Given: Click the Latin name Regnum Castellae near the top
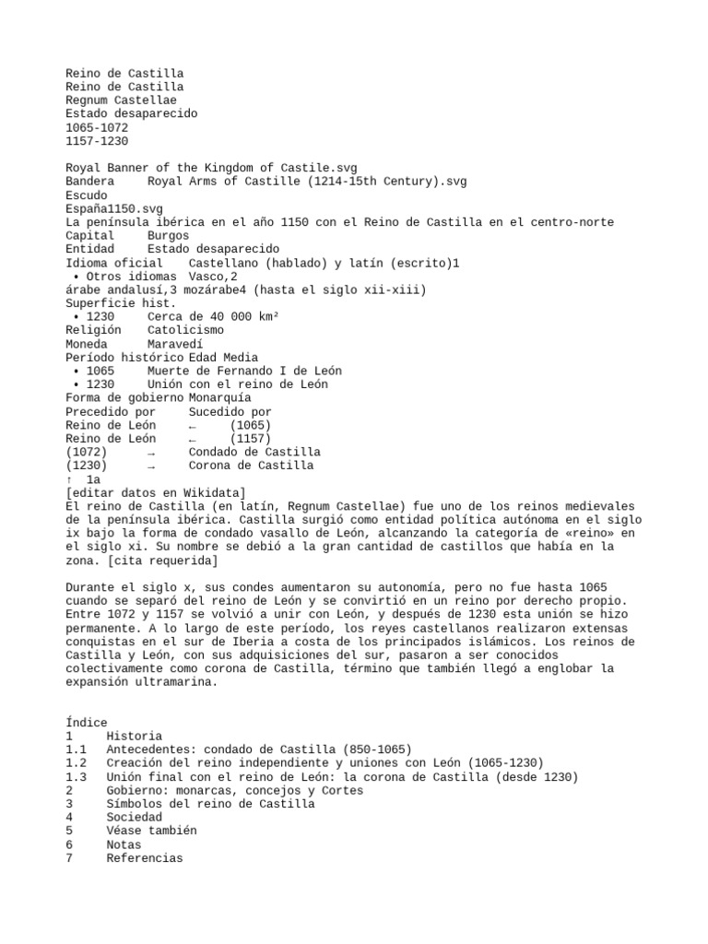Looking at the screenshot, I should tap(121, 100).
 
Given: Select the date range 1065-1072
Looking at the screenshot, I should tap(97, 127).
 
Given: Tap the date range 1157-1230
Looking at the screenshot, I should tap(97, 141).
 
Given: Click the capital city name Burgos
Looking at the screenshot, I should tap(168, 236).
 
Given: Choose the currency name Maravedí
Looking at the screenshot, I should tap(175, 344).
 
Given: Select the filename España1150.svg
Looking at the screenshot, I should tap(114, 209).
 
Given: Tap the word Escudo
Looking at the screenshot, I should tap(87, 195).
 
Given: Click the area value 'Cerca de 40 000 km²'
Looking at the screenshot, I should tap(213, 317).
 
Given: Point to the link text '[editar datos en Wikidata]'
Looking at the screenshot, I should tap(156, 493).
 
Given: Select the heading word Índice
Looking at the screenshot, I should tap(87, 723).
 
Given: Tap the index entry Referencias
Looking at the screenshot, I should tap(145, 858).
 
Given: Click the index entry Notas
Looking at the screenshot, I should tap(124, 844).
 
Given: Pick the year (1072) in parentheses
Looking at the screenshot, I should tap(87, 453).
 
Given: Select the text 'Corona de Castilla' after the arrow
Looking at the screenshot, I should tap(251, 466).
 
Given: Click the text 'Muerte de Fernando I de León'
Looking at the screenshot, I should tap(243, 371).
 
